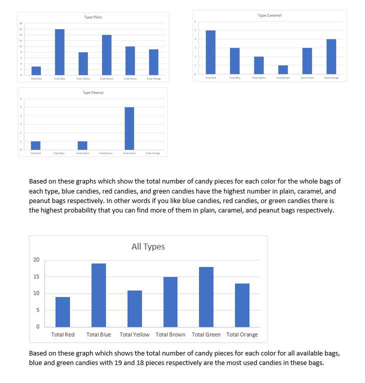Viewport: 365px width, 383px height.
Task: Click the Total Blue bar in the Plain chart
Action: [59, 52]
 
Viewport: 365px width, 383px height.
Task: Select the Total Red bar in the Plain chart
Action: [36, 70]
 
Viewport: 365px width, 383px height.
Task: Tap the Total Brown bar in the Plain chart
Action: [106, 55]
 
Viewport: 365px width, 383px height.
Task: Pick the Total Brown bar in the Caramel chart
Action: [282, 69]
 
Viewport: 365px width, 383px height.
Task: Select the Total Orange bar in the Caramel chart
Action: [330, 56]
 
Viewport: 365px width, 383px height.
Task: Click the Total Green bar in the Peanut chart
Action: [129, 128]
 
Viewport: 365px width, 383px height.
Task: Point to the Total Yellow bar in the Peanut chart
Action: [82, 145]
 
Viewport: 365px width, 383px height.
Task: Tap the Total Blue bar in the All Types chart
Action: [99, 295]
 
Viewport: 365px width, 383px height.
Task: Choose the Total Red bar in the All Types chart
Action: [62, 312]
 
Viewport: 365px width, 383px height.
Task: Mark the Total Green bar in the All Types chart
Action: [206, 297]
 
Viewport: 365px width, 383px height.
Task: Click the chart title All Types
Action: [148, 246]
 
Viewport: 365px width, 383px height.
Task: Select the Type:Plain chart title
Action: [93, 17]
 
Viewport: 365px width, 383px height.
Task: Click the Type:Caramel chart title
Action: [269, 15]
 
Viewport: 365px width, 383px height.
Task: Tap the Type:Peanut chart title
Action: [93, 92]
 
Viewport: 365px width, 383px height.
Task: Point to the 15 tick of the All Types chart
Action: [36, 276]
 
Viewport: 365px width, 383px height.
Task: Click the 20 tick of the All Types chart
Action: [36, 259]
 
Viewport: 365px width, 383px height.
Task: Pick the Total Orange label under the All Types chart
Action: [242, 334]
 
